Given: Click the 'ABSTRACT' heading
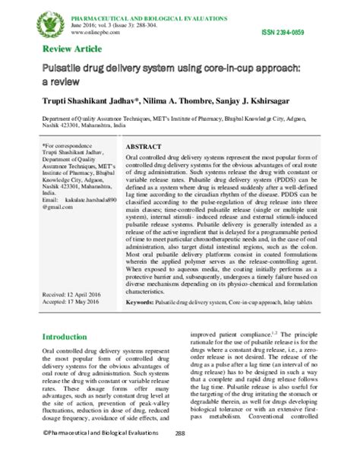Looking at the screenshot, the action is tap(144, 146).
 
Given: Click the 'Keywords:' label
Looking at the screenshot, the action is tap(143, 302).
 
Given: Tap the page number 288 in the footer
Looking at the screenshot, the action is tap(181, 454).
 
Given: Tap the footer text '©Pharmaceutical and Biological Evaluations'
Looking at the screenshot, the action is tap(96, 454).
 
